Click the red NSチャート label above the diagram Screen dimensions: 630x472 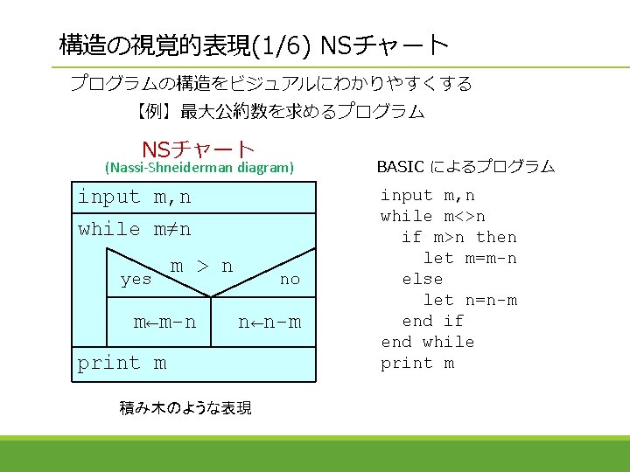coord(198,150)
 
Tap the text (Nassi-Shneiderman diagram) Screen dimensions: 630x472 coord(199,167)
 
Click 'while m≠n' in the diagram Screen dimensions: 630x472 coord(134,229)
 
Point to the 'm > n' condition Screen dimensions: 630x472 coord(201,266)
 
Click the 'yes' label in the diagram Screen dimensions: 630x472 coord(136,280)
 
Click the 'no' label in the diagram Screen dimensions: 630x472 coord(289,279)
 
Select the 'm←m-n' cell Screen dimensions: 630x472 coord(164,322)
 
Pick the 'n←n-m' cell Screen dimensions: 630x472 coord(269,322)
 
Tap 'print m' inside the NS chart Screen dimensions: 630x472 coord(122,363)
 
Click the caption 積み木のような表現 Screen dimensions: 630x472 coord(185,407)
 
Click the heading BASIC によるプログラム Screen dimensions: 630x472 coord(465,166)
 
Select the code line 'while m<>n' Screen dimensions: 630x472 coord(433,216)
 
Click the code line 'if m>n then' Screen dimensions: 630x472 coord(458,237)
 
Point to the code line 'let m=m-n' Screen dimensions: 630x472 coord(470,258)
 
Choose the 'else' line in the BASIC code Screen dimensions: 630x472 coord(422,279)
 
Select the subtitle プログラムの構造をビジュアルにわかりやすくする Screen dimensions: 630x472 coord(270,84)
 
